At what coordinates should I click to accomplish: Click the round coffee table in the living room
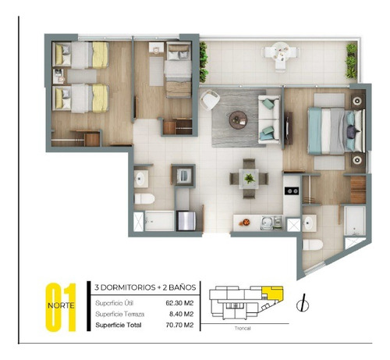pyautogui.click(x=238, y=119)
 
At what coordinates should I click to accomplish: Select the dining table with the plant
pyautogui.click(x=248, y=178)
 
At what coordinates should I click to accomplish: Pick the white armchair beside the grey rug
pyautogui.click(x=210, y=100)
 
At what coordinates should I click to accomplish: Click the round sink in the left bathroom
pyautogui.click(x=141, y=180)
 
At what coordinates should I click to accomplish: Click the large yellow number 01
pyautogui.click(x=64, y=307)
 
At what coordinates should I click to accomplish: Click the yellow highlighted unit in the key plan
pyautogui.click(x=271, y=294)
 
